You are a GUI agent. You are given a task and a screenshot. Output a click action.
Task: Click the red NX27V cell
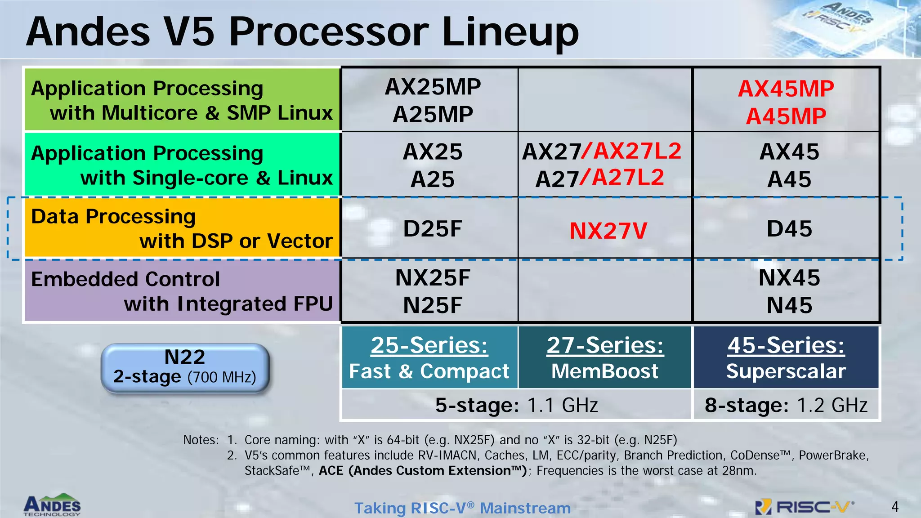pos(608,231)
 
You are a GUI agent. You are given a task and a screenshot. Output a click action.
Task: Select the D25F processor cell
pos(433,228)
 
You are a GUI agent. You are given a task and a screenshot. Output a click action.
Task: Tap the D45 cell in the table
pos(789,228)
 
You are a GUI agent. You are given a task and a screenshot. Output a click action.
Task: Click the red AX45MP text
pos(786,89)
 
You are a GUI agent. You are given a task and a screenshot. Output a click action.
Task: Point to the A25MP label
pos(433,115)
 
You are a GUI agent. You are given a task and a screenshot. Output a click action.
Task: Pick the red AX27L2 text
pos(637,151)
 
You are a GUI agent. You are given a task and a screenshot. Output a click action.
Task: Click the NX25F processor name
pos(433,277)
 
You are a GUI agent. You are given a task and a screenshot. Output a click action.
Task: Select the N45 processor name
pos(789,305)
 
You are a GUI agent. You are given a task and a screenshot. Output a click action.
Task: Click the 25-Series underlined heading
pos(429,345)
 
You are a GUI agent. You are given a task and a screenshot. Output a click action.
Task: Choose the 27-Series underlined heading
pos(605,345)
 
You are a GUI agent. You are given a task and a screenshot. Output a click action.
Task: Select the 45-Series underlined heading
pos(786,345)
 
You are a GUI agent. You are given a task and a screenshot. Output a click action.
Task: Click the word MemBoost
pos(605,371)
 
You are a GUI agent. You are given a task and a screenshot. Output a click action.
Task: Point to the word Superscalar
pos(786,371)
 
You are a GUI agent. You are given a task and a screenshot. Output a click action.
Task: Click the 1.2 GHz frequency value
pos(832,405)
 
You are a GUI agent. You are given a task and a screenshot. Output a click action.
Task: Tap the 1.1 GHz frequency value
pos(562,405)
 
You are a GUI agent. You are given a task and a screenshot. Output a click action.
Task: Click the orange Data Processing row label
pos(182,228)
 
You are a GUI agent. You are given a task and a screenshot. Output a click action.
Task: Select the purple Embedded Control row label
pos(182,291)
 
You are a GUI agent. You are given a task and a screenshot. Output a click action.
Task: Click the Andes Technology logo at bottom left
pos(52,505)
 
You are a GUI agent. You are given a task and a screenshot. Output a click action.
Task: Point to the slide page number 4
pos(895,507)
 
